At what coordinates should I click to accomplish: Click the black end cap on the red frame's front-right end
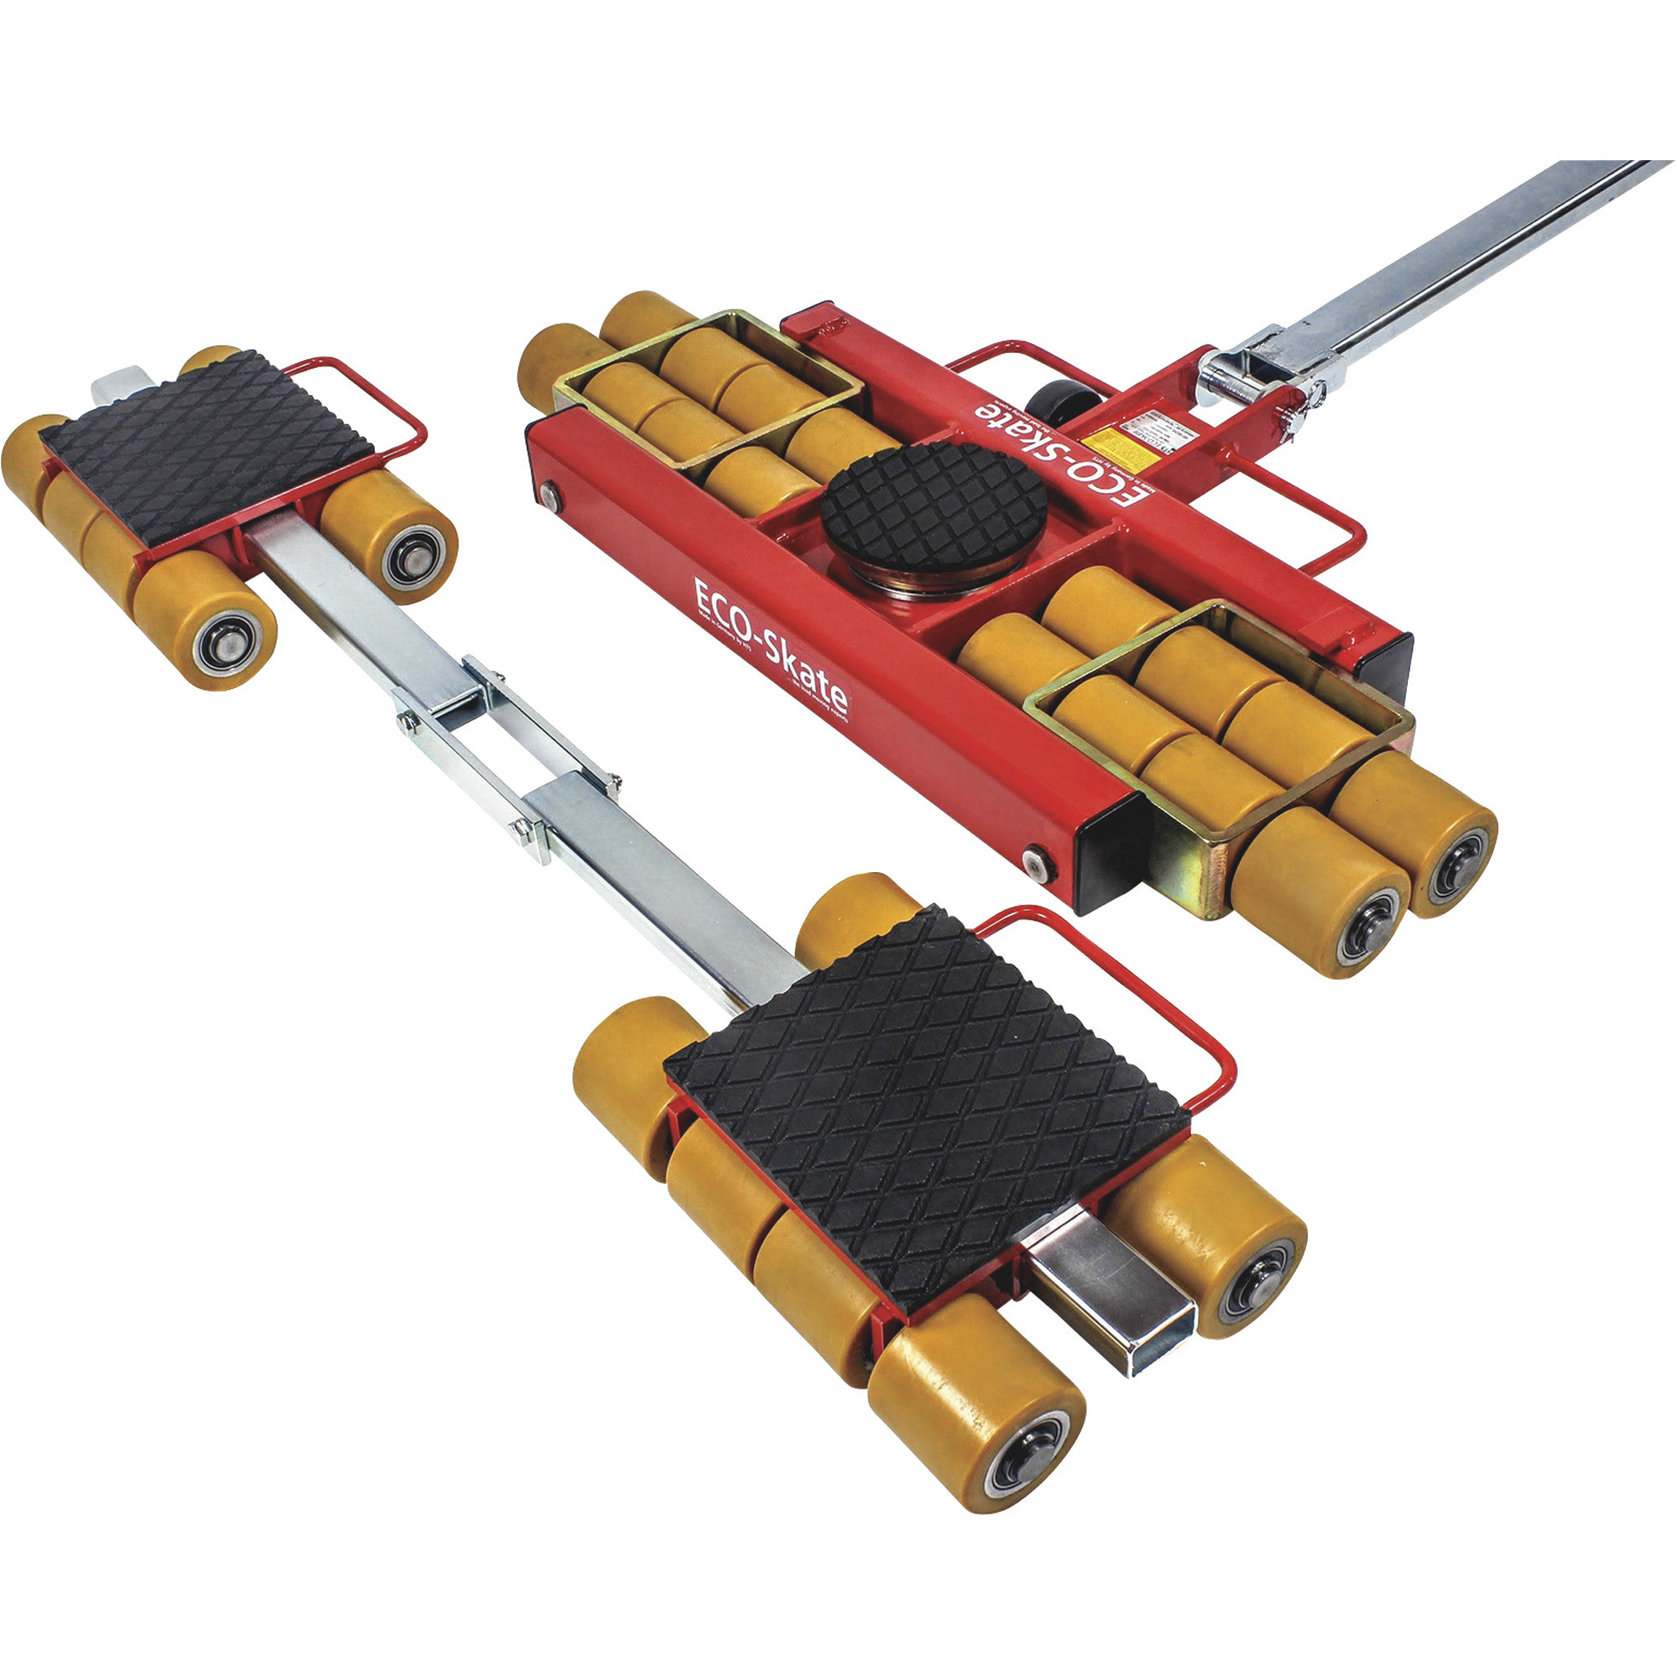coord(1109,859)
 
